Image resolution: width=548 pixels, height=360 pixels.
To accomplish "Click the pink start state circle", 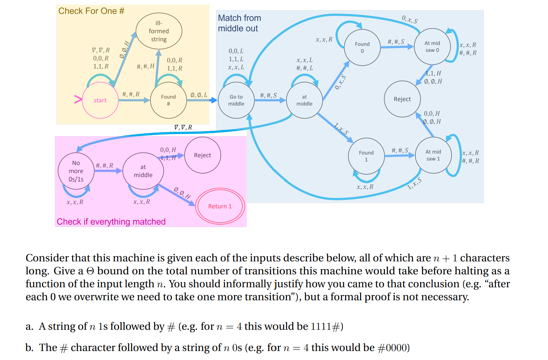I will [x=100, y=100].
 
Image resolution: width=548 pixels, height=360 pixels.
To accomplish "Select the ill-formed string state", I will [x=159, y=31].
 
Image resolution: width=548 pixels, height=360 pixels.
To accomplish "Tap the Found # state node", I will [x=168, y=100].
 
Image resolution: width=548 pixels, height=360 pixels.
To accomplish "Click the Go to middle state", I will [x=236, y=100].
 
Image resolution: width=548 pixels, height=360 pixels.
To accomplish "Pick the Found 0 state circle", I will [x=362, y=47].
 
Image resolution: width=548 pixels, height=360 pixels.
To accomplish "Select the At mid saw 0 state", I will [x=432, y=46].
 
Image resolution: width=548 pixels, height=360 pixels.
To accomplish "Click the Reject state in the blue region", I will [x=402, y=99].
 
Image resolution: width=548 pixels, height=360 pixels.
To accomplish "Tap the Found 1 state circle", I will [x=366, y=156].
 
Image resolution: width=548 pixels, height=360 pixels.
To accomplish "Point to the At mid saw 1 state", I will [x=433, y=155].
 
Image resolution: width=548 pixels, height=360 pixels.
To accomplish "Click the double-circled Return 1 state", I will [x=220, y=206].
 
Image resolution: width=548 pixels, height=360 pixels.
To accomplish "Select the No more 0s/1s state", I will [x=76, y=171].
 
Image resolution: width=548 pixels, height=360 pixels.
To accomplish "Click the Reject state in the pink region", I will [x=202, y=155].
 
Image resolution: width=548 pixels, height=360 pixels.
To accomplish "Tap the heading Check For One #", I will [x=91, y=11].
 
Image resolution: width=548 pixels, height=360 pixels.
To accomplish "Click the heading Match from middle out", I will [x=239, y=23].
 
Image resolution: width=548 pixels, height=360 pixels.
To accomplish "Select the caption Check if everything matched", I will [x=111, y=222].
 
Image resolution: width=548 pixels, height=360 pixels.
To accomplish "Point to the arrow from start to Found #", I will [x=134, y=100].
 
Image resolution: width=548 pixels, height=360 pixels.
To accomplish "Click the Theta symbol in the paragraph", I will [x=90, y=271].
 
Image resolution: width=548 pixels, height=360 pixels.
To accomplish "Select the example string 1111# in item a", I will [x=325, y=327].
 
